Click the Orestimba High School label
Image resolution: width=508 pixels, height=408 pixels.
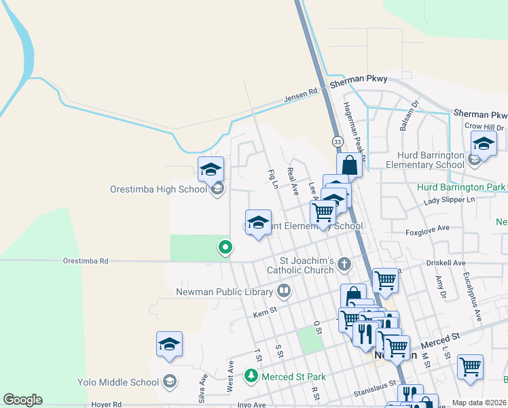158,189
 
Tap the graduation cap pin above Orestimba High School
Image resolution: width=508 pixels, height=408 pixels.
211,169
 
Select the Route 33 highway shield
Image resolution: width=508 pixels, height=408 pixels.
338,141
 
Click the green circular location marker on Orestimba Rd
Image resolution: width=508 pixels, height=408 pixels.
225,248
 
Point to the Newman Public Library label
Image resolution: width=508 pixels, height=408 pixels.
224,292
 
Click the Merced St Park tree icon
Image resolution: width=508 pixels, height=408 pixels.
251,376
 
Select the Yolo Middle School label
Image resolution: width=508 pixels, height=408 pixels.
119,381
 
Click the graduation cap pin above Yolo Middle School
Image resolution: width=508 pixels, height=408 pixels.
169,345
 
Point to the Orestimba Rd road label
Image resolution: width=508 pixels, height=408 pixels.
86,260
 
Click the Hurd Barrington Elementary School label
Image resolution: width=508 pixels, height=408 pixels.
424,160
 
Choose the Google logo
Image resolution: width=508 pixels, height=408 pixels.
22,400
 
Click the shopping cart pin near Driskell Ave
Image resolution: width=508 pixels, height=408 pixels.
385,279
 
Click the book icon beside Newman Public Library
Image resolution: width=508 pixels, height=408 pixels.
284,292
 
